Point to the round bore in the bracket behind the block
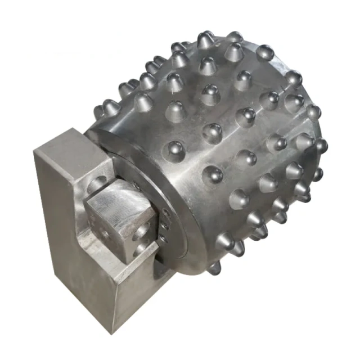[x=97, y=183]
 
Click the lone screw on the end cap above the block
[x=135, y=183]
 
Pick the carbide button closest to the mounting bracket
[x=175, y=150]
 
